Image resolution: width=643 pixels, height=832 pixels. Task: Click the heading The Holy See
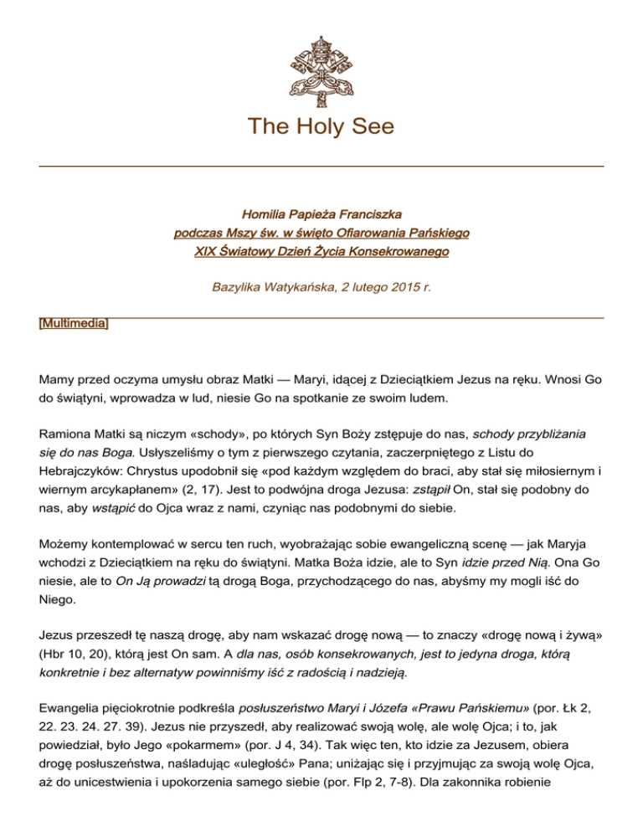(321, 128)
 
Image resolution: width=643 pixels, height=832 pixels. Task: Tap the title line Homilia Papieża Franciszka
(321, 215)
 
